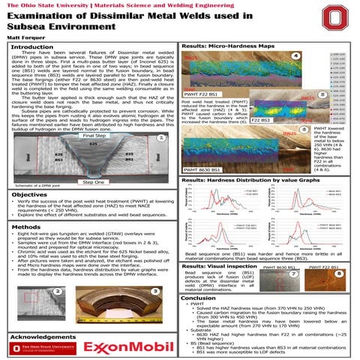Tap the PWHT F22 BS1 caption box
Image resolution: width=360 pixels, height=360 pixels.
(202, 114)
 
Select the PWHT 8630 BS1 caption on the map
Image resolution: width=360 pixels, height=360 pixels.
(205, 170)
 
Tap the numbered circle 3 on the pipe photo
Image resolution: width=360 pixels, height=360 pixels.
(153, 291)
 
